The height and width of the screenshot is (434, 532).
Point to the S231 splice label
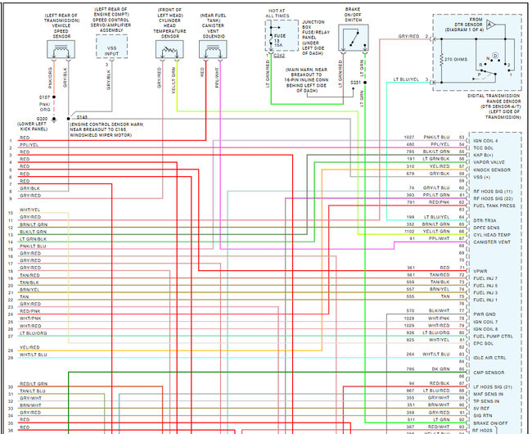[355, 83]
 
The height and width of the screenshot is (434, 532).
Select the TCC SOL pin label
[485, 147]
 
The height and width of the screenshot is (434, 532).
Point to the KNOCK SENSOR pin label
[490, 169]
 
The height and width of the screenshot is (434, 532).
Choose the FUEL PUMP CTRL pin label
[494, 336]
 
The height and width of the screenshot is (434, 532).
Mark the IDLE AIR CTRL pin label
[490, 357]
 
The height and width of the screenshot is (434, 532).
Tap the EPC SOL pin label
[484, 343]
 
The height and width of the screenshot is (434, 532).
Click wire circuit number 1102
[408, 232]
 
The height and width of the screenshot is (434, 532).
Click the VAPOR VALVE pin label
[489, 161]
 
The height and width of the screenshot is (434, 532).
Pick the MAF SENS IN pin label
[489, 393]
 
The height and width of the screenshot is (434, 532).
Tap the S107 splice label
[44, 97]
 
